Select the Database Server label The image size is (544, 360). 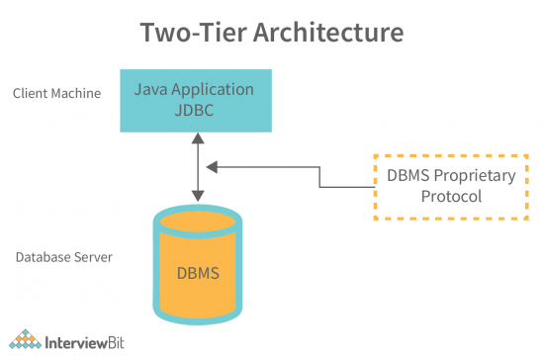pyautogui.click(x=63, y=257)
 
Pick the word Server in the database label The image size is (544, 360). pyautogui.click(x=93, y=257)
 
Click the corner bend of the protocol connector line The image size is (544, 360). pyautogui.click(x=320, y=168)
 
